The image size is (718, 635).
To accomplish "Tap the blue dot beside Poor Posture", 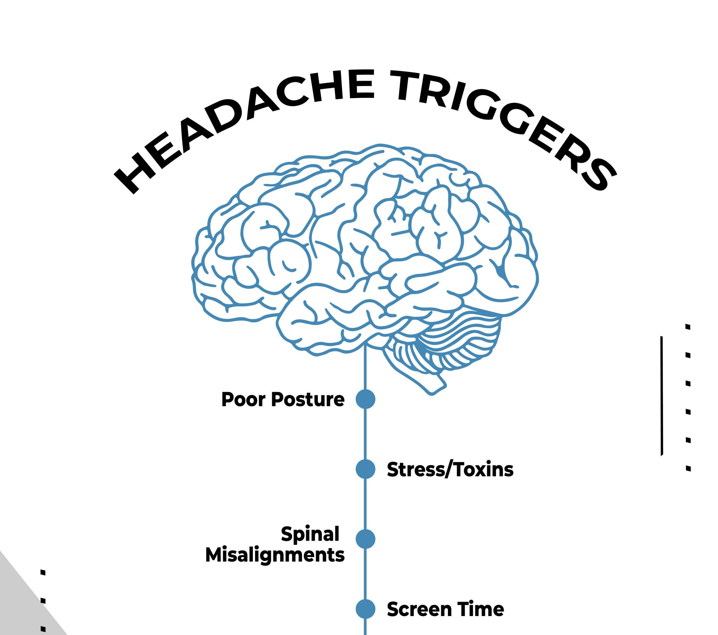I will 365,399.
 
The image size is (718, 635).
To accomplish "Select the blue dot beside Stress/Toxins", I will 365,469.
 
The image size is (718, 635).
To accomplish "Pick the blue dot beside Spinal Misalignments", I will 365,539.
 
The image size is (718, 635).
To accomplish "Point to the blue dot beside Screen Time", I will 365,609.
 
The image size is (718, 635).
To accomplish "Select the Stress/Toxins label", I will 450,470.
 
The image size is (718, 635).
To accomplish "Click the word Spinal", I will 310,535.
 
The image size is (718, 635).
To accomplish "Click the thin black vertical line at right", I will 662,396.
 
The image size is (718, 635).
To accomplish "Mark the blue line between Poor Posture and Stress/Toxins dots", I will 365,434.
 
